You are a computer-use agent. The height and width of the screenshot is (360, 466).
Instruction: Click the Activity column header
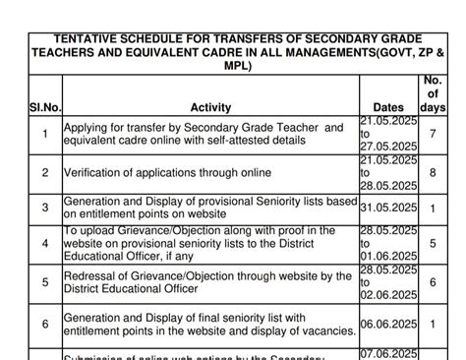coord(210,107)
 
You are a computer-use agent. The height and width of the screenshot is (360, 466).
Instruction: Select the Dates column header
coord(389,107)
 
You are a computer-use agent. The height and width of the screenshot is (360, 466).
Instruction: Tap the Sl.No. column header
coord(45,107)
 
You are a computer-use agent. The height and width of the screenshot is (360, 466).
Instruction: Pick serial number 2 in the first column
coord(45,173)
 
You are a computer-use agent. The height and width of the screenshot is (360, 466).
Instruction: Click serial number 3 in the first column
coord(45,209)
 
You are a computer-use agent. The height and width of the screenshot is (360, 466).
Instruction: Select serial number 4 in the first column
coord(45,242)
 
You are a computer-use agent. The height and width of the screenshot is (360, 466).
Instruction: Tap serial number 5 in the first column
coord(45,281)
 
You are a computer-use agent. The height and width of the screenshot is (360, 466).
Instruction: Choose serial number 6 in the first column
coord(45,324)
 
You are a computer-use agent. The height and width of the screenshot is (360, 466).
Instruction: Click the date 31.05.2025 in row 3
coord(389,209)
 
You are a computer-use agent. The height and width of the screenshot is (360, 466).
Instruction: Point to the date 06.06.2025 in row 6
coord(389,324)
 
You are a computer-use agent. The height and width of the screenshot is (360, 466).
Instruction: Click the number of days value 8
coord(433,172)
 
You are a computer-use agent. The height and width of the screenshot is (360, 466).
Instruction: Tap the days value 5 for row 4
coord(433,242)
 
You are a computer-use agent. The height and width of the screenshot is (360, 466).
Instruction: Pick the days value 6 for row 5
coord(433,281)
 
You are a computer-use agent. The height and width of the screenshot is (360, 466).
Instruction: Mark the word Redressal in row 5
coord(92,275)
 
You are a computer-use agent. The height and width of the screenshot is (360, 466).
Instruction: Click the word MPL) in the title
coord(236,67)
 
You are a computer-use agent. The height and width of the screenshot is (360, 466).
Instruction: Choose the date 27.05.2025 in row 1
coord(389,146)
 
